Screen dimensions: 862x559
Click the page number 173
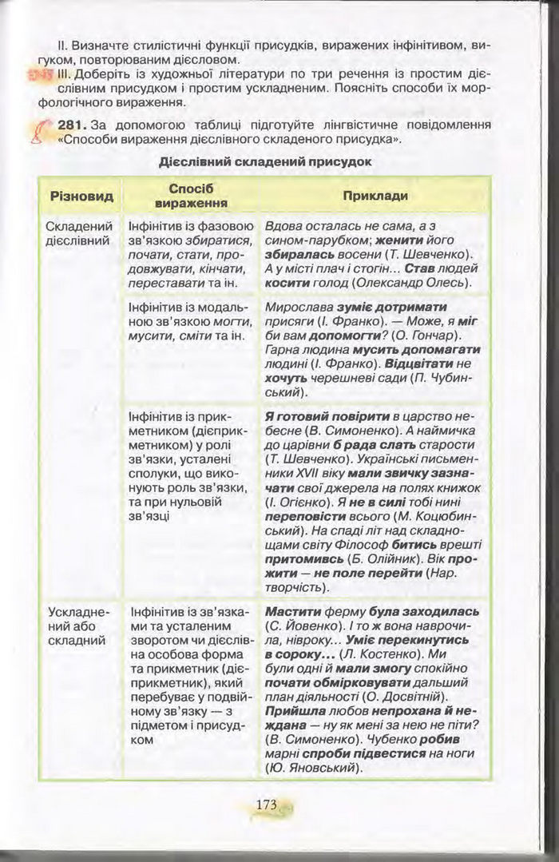tap(265, 805)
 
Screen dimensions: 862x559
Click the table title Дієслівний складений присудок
tap(266, 161)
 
